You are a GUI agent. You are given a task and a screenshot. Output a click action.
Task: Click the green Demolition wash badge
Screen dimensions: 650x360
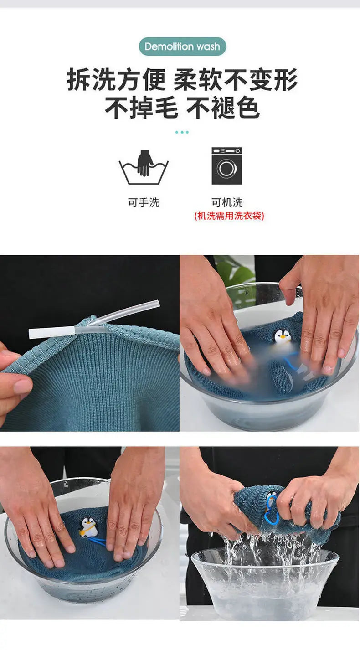(182, 46)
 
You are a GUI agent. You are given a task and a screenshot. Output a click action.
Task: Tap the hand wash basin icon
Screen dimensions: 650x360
(144, 168)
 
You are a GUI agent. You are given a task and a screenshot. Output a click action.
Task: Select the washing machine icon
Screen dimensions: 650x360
(226, 166)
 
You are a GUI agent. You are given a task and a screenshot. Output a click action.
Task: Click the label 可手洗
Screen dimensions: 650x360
(144, 202)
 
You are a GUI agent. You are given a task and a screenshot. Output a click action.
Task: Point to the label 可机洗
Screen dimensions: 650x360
(227, 202)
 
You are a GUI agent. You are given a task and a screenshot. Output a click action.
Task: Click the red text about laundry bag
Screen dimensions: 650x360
(229, 216)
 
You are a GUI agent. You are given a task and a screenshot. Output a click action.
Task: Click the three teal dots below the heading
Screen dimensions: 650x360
(182, 132)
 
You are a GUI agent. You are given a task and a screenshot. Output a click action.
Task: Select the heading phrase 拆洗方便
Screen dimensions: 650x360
(116, 80)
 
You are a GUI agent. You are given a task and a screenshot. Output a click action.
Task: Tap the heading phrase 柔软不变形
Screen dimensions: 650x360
(236, 80)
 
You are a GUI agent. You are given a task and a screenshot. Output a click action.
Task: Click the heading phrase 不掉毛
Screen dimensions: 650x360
(141, 108)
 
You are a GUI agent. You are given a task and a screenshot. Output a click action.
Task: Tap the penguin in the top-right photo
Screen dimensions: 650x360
(283, 337)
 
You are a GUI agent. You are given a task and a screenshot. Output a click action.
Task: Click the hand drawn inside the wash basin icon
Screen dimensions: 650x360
(145, 162)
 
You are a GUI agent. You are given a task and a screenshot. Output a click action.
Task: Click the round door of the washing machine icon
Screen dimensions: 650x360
(226, 169)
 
